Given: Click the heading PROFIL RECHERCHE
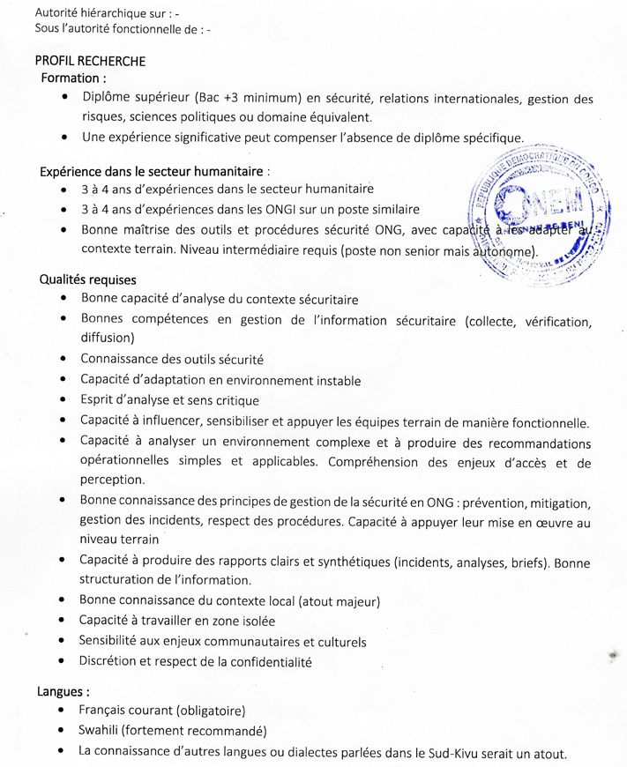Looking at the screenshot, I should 90,62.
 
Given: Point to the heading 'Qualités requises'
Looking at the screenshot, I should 87,280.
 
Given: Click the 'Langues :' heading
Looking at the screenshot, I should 63,691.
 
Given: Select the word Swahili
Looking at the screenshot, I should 97,731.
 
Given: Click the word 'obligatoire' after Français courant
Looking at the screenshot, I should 210,711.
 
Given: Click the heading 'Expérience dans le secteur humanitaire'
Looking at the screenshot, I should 153,170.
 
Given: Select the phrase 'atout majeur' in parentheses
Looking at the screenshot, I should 340,601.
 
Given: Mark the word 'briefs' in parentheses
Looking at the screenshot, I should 519,562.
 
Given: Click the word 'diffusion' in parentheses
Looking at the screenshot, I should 107,338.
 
